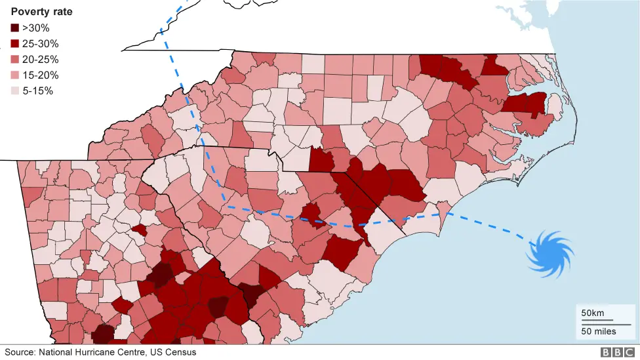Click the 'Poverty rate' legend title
pyautogui.click(x=41, y=12)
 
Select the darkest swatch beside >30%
pyautogui.click(x=14, y=28)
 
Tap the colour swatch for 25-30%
pyautogui.click(x=14, y=44)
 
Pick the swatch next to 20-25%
pyautogui.click(x=14, y=60)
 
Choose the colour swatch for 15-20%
pyautogui.click(x=14, y=75)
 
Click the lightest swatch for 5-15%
pyautogui.click(x=14, y=91)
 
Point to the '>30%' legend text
pyautogui.click(x=36, y=28)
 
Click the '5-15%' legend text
pyautogui.click(x=38, y=91)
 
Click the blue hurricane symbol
pyautogui.click(x=551, y=252)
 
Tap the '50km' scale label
pyautogui.click(x=593, y=312)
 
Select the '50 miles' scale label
pyautogui.click(x=598, y=331)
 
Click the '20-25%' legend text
pyautogui.click(x=41, y=60)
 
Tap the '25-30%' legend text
pyautogui.click(x=41, y=44)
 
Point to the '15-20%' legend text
pyautogui.click(x=41, y=75)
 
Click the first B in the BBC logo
pyautogui.click(x=604, y=353)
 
